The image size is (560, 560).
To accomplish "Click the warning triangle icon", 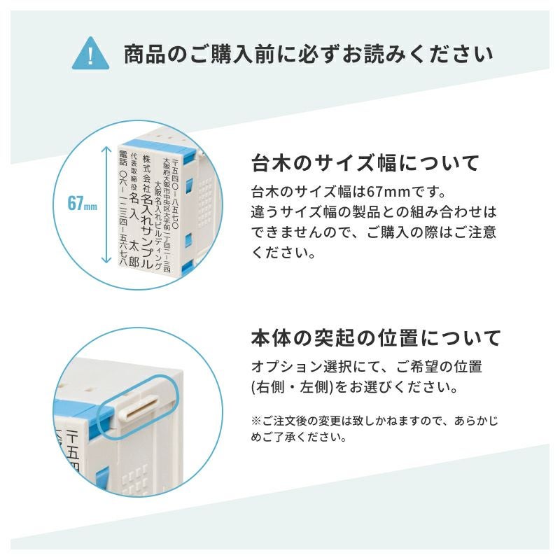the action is [91, 54].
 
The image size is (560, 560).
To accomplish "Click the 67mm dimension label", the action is [82, 204].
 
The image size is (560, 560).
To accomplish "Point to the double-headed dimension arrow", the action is [106, 204].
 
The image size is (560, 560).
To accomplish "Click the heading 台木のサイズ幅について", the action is [365, 163].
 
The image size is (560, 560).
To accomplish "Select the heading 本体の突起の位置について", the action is [376, 338].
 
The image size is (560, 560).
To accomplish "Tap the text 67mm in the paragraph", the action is [388, 192].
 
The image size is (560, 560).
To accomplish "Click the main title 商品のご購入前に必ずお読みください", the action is [308, 55].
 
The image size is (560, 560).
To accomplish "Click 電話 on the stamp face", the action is [123, 158].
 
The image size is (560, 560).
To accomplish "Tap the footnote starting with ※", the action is [374, 429].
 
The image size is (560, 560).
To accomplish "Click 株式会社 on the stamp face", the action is [146, 174].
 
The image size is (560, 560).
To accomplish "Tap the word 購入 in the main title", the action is [232, 55].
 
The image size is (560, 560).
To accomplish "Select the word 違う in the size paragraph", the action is [262, 212].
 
